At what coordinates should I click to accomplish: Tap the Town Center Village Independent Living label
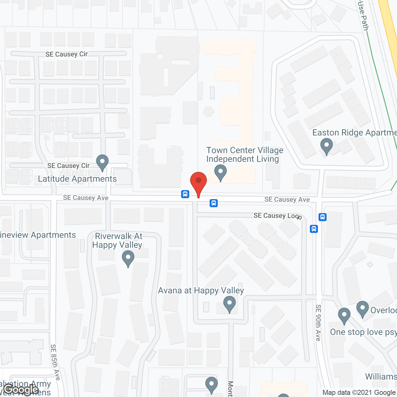tap(245, 154)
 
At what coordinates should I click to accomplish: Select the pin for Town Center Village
tap(221, 172)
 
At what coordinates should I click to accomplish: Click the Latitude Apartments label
tap(77, 179)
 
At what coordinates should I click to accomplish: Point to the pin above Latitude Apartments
tap(102, 162)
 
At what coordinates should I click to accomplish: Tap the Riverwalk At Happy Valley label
tap(118, 240)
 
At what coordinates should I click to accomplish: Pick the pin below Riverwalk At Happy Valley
tap(128, 258)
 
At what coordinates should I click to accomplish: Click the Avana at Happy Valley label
tap(201, 291)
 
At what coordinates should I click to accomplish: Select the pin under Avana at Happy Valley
tap(230, 304)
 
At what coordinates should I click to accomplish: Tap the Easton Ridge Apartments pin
tap(326, 145)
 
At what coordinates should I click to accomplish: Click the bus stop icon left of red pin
tap(185, 194)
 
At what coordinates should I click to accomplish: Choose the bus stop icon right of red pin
tap(214, 203)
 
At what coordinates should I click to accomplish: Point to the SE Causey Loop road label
tap(277, 216)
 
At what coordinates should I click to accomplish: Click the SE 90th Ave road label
tap(318, 323)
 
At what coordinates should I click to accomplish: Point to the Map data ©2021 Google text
tap(359, 393)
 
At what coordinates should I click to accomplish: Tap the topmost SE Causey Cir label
tap(66, 54)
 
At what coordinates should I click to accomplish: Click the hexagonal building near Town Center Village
tap(209, 111)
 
